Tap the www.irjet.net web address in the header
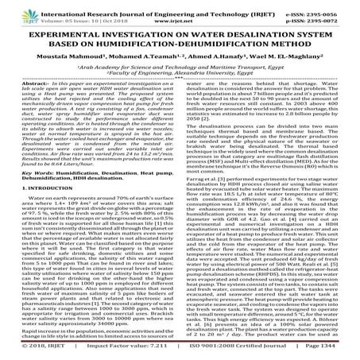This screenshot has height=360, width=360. (179, 17)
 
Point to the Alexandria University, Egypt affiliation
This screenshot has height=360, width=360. (209, 79)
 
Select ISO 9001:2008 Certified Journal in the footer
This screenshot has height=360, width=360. (212, 350)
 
